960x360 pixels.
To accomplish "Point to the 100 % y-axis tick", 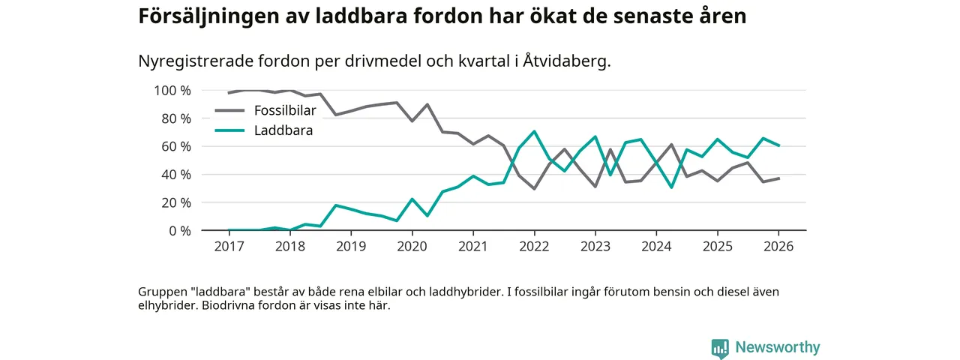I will tap(172, 91).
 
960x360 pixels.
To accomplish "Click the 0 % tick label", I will tap(178, 230).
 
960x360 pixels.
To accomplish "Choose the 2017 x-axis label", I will tap(229, 246).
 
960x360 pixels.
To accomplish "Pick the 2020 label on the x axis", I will tap(412, 246).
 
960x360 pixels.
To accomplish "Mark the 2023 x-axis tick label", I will tap(595, 246).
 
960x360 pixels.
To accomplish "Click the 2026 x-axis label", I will tap(778, 246).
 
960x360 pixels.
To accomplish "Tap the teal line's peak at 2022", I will tap(534, 132).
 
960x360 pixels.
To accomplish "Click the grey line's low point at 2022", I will tap(534, 188).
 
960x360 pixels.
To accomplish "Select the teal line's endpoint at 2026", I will tap(779, 145).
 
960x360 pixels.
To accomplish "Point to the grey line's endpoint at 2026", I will tap(779, 178).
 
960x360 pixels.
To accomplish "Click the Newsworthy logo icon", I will tap(720, 348).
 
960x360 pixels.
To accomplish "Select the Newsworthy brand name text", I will tap(778, 347).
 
